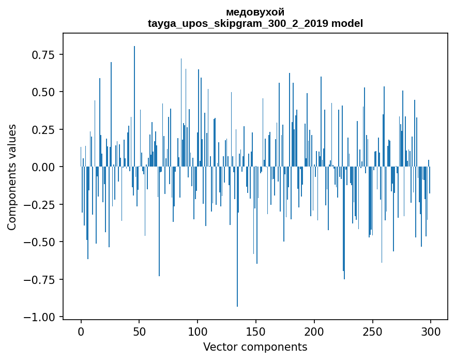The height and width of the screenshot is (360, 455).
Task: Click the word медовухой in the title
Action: click(x=255, y=12)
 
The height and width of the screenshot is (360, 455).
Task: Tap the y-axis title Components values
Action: click(x=12, y=177)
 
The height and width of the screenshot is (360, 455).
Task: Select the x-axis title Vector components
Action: click(x=255, y=347)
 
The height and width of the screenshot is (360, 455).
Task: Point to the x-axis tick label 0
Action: click(x=81, y=332)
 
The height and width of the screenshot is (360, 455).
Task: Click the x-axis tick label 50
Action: click(x=139, y=332)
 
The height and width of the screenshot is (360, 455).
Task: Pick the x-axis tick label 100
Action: click(x=198, y=332)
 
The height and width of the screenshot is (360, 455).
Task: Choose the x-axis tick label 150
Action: click(x=256, y=332)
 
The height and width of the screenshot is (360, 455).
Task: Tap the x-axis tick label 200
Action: click(x=314, y=332)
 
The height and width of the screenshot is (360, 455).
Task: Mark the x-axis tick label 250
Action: click(x=372, y=332)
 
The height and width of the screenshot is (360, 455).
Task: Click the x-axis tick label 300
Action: click(x=431, y=332)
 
